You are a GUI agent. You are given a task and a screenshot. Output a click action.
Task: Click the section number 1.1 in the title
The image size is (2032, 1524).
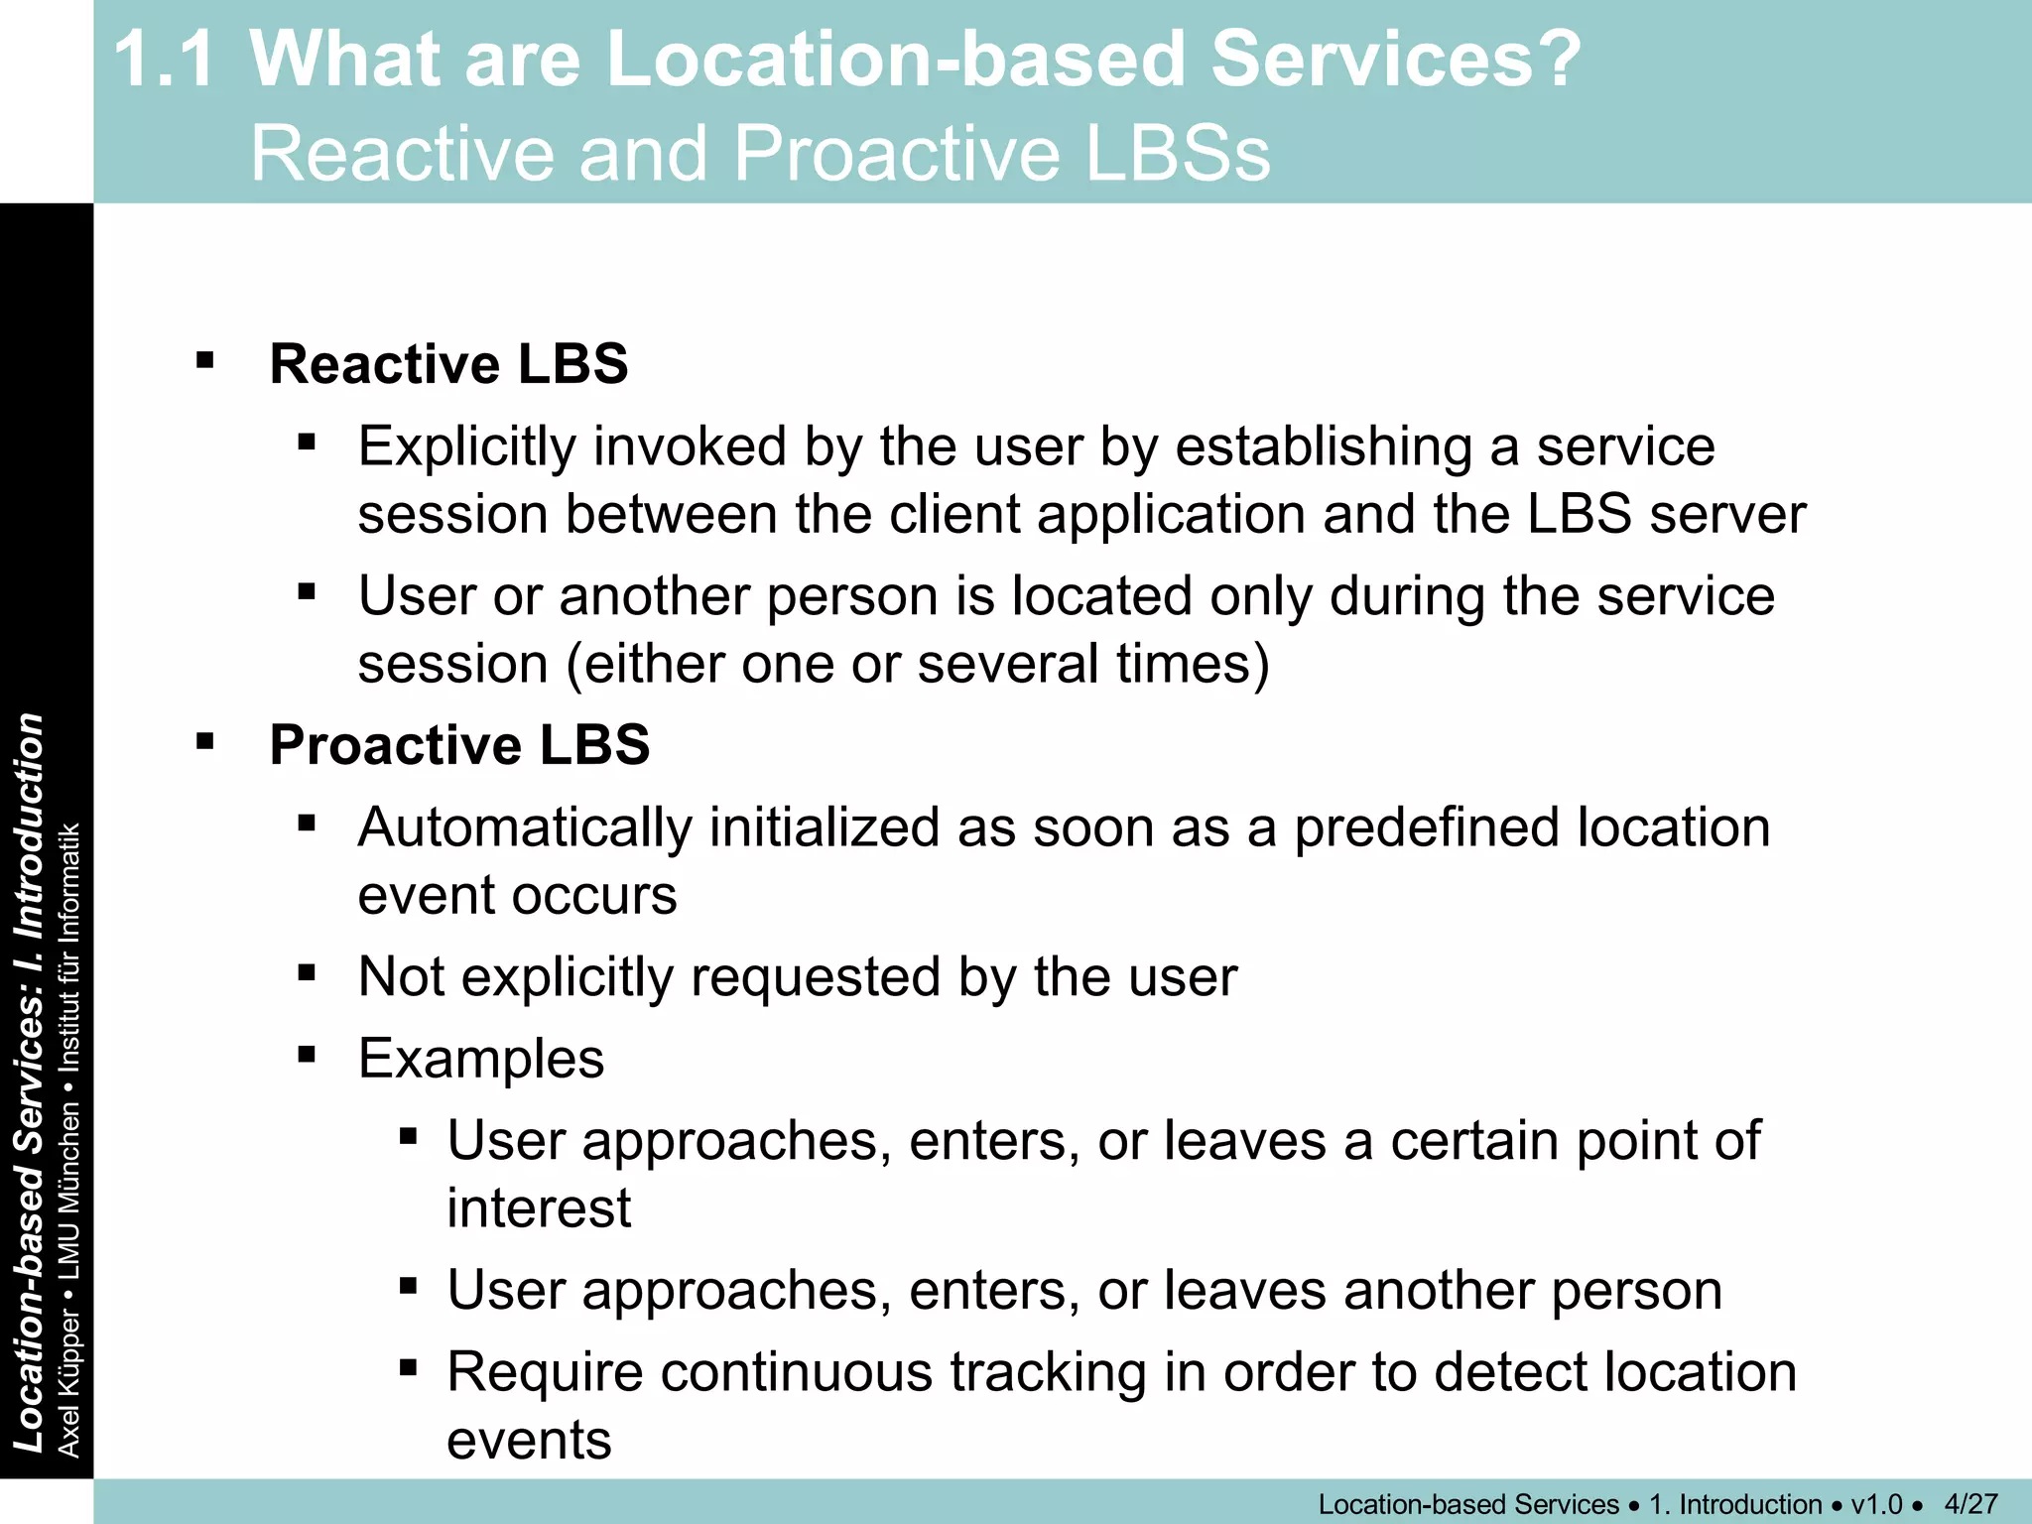(165, 60)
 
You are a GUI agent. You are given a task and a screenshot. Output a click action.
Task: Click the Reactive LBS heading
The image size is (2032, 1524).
(448, 364)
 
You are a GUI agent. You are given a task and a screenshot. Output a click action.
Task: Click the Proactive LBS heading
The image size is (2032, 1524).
(459, 745)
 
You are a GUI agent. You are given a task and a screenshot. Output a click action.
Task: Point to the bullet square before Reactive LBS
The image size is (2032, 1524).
(205, 360)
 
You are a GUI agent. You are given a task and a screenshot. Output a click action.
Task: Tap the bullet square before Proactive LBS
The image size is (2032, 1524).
(205, 741)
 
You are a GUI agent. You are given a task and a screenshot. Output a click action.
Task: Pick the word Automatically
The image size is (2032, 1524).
(525, 827)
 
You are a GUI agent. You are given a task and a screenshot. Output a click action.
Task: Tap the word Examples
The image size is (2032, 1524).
(481, 1059)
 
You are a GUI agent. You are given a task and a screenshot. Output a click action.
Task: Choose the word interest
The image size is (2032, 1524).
(539, 1208)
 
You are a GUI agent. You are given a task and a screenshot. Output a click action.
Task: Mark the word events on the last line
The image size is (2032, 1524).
(529, 1441)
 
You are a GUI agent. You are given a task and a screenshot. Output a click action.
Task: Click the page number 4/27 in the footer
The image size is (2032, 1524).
(1970, 1504)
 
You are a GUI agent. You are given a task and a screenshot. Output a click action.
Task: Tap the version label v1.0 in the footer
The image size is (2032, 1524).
(1876, 1504)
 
